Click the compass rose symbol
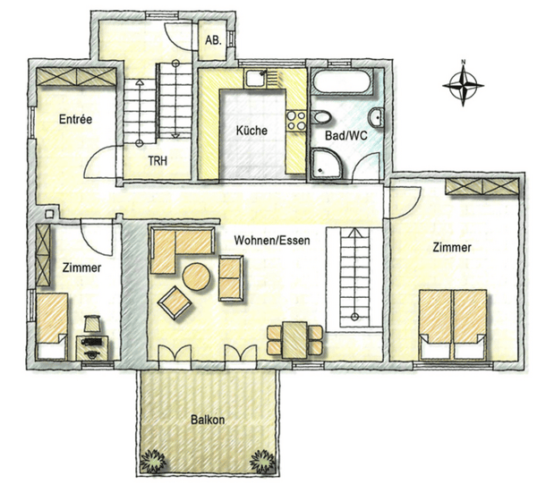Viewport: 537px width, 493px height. (x=464, y=84)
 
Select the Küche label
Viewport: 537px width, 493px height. (x=251, y=131)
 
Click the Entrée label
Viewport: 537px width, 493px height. (x=76, y=120)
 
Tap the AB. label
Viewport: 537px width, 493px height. (x=213, y=41)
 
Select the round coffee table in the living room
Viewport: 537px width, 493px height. (x=197, y=277)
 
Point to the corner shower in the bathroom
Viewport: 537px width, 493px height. (x=326, y=163)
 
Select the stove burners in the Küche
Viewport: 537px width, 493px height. (x=294, y=117)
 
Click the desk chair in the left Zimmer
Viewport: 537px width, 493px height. (x=92, y=323)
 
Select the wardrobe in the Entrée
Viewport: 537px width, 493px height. (x=75, y=77)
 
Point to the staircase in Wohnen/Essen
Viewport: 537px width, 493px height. (x=354, y=276)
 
